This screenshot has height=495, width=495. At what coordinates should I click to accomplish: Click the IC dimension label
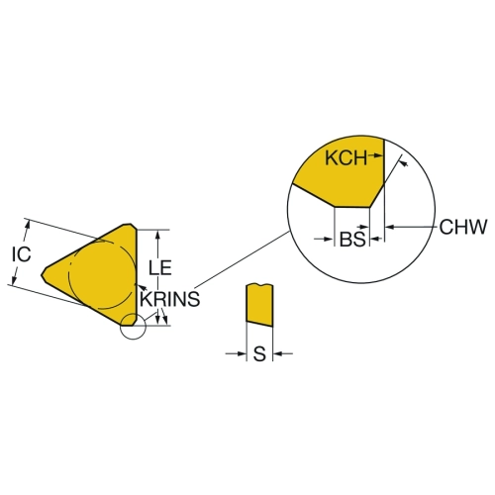(x=22, y=254)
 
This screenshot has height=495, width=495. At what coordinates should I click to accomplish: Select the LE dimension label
(x=160, y=267)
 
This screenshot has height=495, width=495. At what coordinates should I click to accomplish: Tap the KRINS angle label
(x=170, y=299)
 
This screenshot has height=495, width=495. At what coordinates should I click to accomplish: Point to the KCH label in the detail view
(x=346, y=157)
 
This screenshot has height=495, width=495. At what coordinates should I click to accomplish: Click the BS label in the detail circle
(x=352, y=239)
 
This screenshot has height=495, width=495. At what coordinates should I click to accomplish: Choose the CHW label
(x=463, y=227)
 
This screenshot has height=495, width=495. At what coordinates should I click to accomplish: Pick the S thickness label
(x=259, y=354)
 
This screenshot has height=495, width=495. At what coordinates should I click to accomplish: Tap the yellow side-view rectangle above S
(x=259, y=305)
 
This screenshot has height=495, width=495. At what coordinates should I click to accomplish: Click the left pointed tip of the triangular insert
(x=42, y=274)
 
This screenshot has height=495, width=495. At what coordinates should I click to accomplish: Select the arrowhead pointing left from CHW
(x=390, y=227)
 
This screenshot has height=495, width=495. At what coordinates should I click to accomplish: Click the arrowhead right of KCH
(x=379, y=154)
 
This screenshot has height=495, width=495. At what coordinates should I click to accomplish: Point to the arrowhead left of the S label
(x=242, y=353)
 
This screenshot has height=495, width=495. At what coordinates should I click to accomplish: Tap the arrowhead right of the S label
(x=278, y=353)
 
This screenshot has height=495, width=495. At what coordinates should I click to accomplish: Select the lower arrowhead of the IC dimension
(x=14, y=279)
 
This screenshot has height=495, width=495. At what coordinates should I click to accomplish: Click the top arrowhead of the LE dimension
(x=158, y=235)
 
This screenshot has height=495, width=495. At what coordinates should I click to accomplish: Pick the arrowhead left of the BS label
(x=330, y=239)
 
